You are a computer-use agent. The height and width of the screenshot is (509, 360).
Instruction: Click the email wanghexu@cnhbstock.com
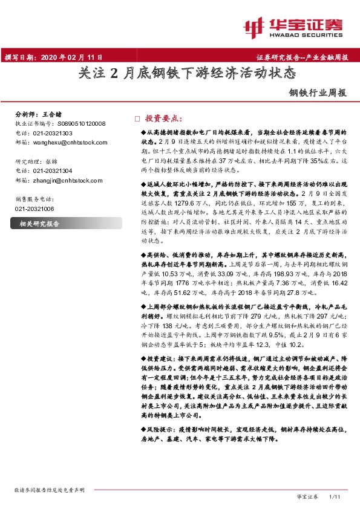tap(70, 143)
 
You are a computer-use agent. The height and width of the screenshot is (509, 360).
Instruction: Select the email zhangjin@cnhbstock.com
tap(68, 180)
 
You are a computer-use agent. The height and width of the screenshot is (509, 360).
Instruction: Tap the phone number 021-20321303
tap(52, 133)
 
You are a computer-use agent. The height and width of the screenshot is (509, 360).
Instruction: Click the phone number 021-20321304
tap(52, 171)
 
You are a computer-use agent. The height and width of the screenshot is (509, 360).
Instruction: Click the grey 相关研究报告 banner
tap(40, 224)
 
